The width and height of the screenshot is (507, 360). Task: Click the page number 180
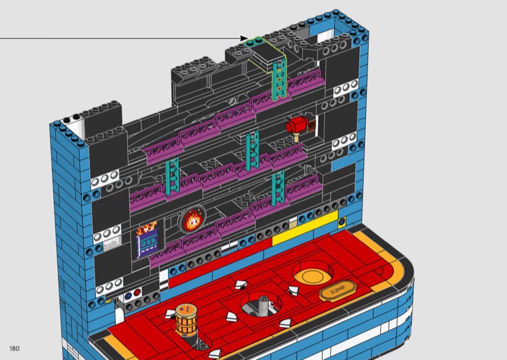point(15,349)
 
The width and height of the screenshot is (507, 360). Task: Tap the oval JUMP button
point(338,290)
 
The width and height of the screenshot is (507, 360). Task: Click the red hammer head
point(297,124)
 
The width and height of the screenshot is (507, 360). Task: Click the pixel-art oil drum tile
point(148,240)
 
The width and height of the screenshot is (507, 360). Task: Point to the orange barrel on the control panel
point(186,319)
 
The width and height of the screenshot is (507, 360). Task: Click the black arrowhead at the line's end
point(245,39)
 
